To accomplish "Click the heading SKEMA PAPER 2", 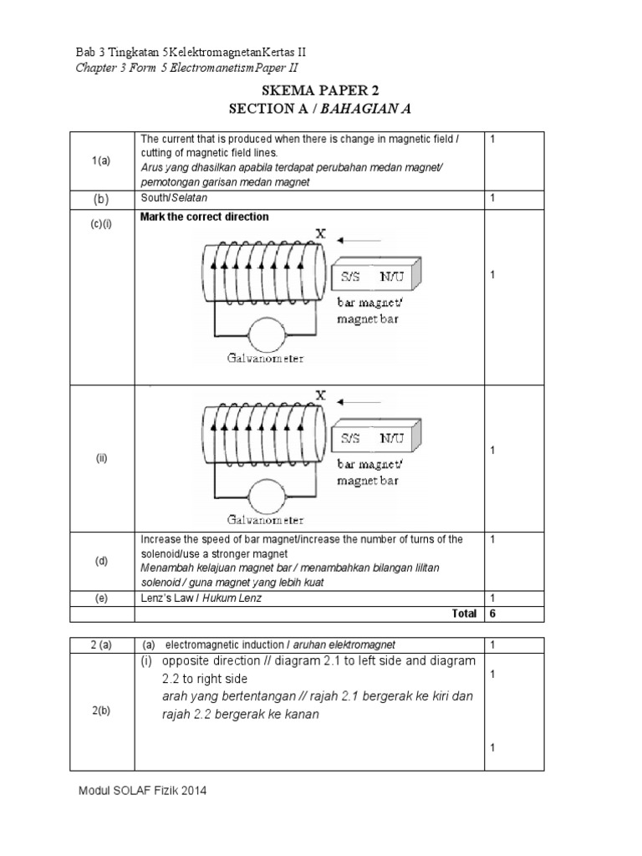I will [x=322, y=91].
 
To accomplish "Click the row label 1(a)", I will [x=101, y=161].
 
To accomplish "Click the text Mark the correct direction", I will [x=205, y=217].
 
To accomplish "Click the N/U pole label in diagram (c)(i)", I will [x=391, y=274].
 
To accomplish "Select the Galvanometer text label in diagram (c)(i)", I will [x=264, y=358].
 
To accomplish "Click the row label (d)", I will [x=101, y=561].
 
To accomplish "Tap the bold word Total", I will [x=464, y=614].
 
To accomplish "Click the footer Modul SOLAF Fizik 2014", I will [x=141, y=790].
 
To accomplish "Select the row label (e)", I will [x=101, y=598].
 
